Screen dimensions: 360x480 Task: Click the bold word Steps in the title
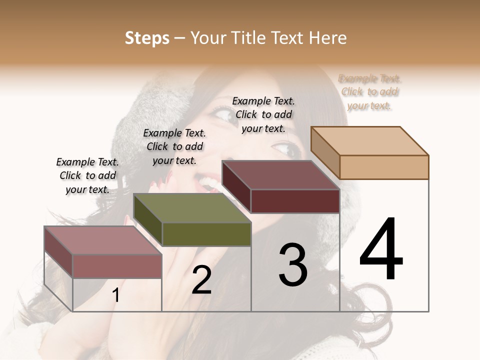(x=147, y=38)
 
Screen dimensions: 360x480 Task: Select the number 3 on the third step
(x=293, y=265)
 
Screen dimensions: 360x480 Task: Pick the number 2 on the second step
(x=202, y=280)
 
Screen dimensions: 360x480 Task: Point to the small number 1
(x=116, y=295)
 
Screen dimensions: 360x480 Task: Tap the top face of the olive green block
(x=192, y=208)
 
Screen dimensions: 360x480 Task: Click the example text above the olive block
(x=174, y=146)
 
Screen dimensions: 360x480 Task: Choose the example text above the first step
(x=87, y=175)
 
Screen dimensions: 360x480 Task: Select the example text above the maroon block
(x=263, y=114)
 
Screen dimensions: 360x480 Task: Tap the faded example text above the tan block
(x=369, y=92)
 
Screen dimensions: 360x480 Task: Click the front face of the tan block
(x=384, y=167)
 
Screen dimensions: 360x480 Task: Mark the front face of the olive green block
(x=206, y=234)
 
